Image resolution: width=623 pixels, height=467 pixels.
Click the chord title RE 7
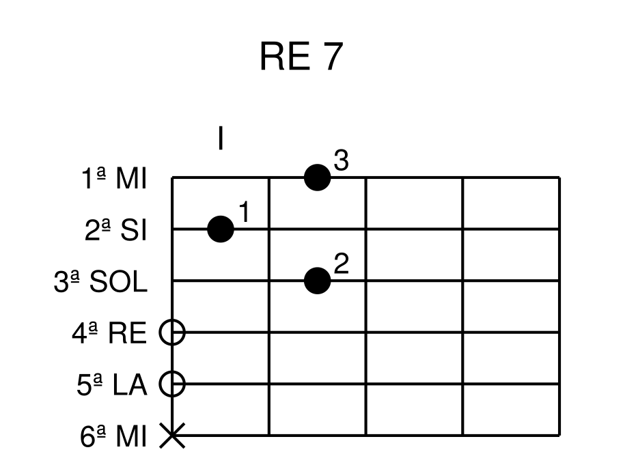click(299, 57)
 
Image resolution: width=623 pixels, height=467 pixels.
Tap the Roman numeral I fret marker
click(221, 139)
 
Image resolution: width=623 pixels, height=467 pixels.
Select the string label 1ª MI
click(113, 180)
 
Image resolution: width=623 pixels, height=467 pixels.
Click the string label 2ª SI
click(116, 231)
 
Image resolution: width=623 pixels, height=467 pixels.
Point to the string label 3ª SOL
click(100, 282)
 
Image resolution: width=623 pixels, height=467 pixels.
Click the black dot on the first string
click(317, 178)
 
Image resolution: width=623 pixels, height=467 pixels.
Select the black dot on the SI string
click(221, 229)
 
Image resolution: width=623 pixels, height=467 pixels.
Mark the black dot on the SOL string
click(317, 281)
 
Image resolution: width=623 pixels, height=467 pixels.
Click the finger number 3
click(342, 161)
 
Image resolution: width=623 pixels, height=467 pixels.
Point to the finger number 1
click(245, 213)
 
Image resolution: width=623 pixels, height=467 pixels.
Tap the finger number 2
click(342, 264)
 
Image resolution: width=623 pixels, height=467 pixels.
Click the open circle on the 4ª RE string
click(172, 332)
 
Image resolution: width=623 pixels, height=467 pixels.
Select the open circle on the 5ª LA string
click(172, 384)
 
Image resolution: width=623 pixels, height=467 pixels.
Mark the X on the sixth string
click(172, 435)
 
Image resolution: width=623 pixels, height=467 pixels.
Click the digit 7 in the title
click(329, 57)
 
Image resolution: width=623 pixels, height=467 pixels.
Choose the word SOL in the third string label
click(119, 282)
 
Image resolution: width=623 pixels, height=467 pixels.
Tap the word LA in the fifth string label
click(130, 385)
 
